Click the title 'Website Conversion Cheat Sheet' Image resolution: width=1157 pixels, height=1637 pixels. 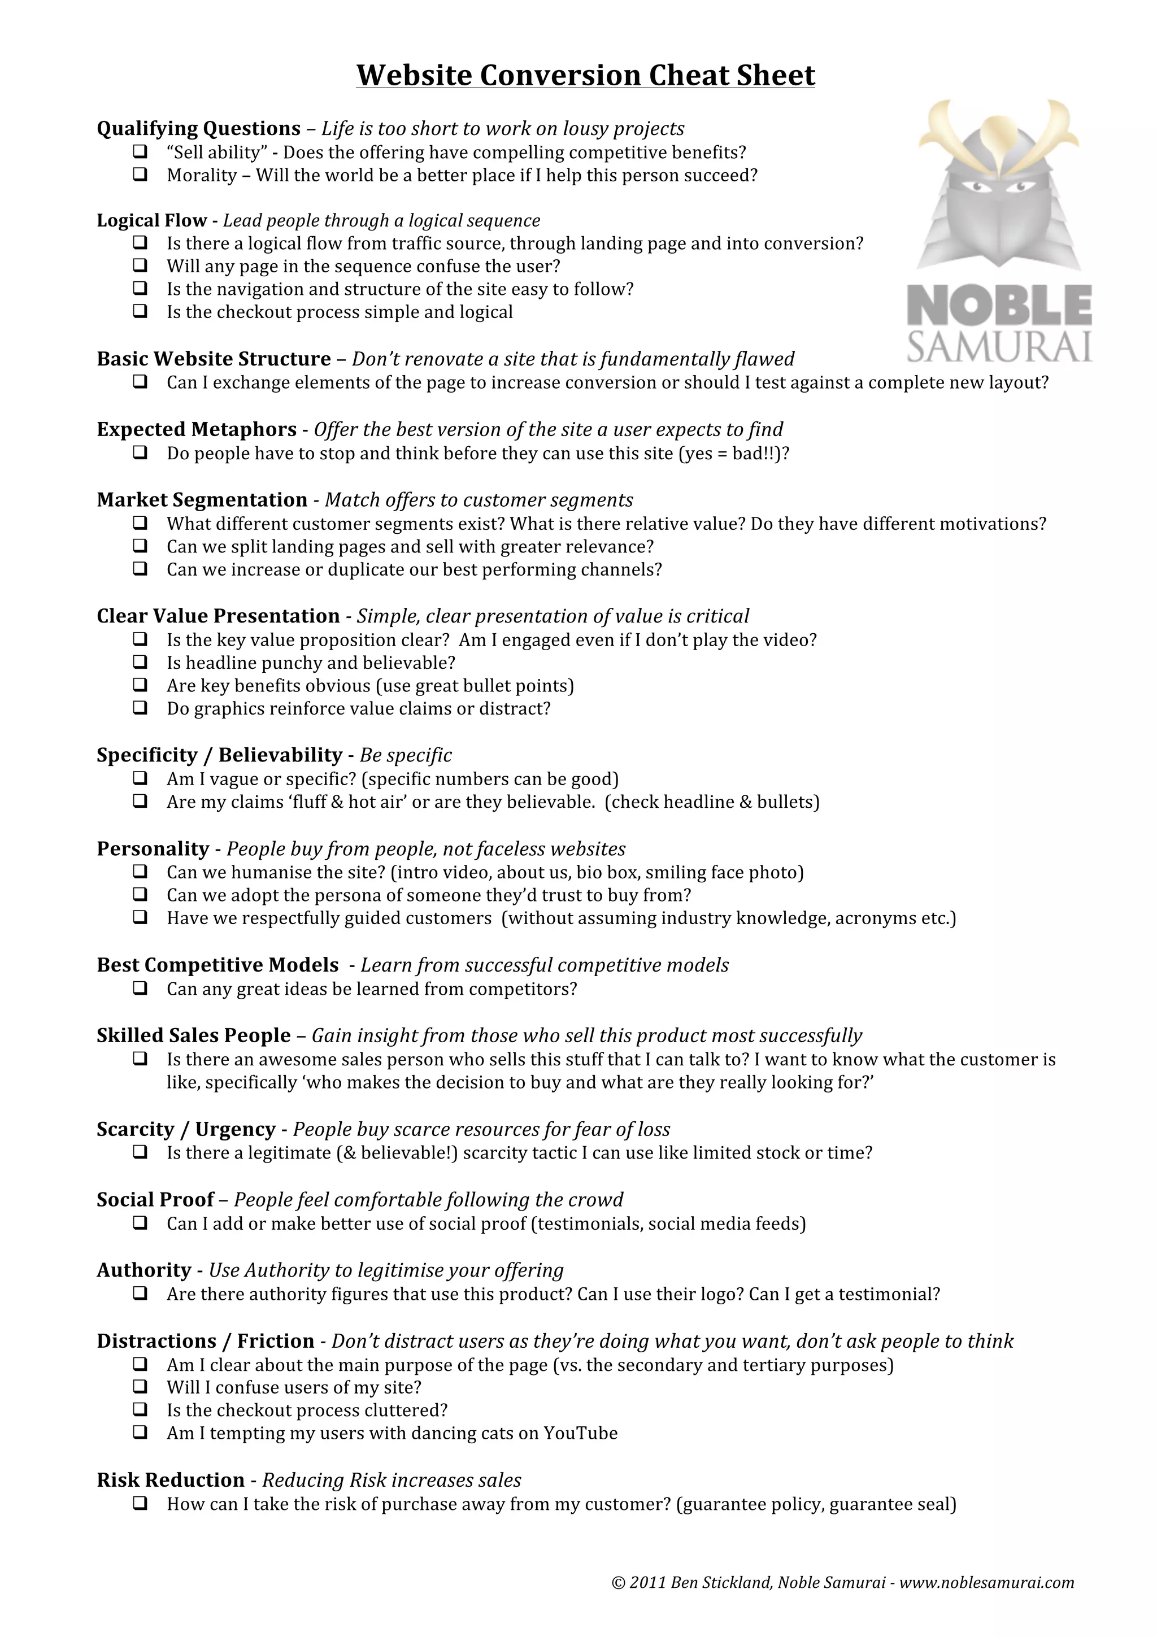tap(585, 76)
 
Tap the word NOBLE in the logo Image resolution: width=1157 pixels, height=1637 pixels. tap(999, 304)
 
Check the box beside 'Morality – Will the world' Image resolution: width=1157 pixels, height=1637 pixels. tap(141, 175)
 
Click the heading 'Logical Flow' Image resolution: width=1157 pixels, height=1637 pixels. tap(152, 220)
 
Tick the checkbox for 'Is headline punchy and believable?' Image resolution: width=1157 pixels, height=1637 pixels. tap(141, 663)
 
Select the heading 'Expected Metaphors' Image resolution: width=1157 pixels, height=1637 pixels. tap(197, 429)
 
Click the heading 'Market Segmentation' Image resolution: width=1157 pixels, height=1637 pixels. tap(202, 500)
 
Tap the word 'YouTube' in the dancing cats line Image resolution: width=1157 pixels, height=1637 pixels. tap(580, 1433)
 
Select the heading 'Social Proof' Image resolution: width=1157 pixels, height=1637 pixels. tap(155, 1200)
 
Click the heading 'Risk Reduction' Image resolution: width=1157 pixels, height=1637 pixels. tap(171, 1480)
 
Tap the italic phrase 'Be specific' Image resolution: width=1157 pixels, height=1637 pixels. tap(406, 755)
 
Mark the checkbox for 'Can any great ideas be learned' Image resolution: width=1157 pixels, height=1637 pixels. tap(141, 988)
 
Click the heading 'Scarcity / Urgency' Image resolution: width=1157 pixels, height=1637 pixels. tap(186, 1129)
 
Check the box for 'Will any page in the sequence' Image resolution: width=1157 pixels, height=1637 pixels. tap(141, 266)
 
